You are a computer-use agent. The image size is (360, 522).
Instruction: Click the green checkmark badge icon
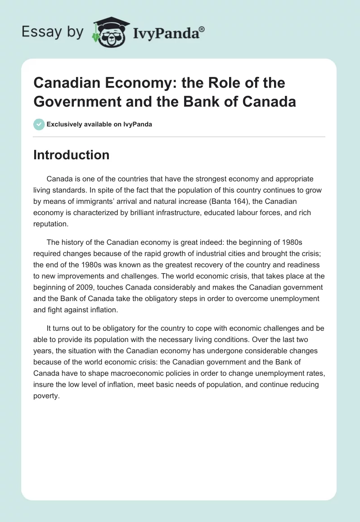39,124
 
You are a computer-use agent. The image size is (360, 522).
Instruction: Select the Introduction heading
72,155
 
